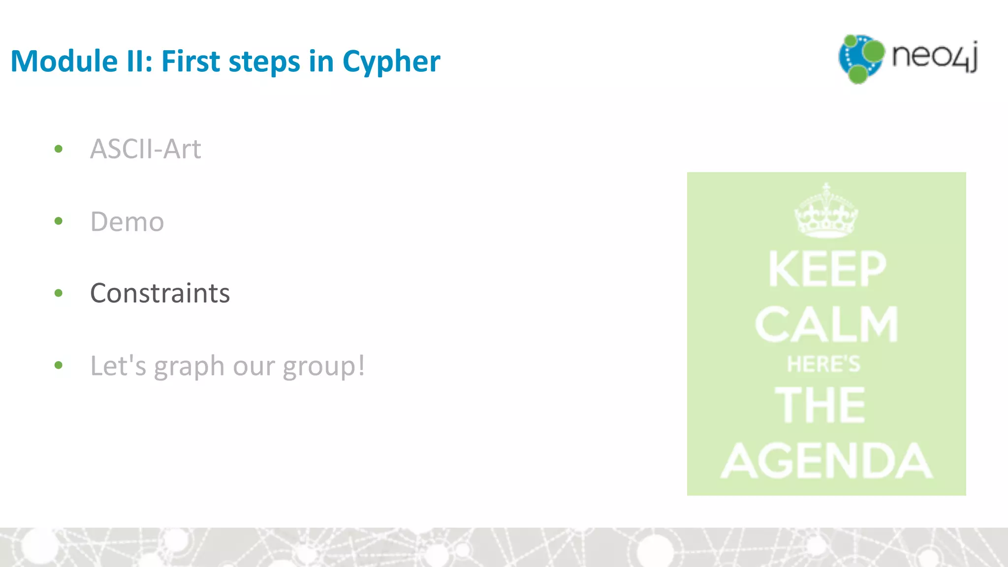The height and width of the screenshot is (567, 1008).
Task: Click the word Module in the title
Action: click(x=64, y=61)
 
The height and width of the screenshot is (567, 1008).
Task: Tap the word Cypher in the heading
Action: click(x=391, y=62)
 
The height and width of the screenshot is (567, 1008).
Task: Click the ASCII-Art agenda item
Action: click(x=146, y=149)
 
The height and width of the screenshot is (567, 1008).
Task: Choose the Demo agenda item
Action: click(x=127, y=221)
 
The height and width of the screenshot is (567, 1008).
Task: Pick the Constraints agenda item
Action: click(x=160, y=293)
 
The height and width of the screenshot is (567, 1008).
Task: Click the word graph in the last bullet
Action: click(x=189, y=367)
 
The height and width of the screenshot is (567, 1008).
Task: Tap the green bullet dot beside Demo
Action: click(x=59, y=221)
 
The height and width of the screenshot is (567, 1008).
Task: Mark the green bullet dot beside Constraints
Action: click(x=59, y=293)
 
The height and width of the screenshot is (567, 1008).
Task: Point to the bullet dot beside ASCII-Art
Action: click(x=59, y=149)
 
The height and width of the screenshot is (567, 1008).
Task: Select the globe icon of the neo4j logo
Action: click(x=860, y=59)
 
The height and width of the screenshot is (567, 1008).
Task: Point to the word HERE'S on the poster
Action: click(x=823, y=364)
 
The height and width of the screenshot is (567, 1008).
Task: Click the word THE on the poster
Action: click(x=820, y=405)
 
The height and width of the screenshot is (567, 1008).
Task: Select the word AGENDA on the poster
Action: click(x=826, y=461)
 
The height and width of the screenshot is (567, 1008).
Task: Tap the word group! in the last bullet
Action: click(x=324, y=367)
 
